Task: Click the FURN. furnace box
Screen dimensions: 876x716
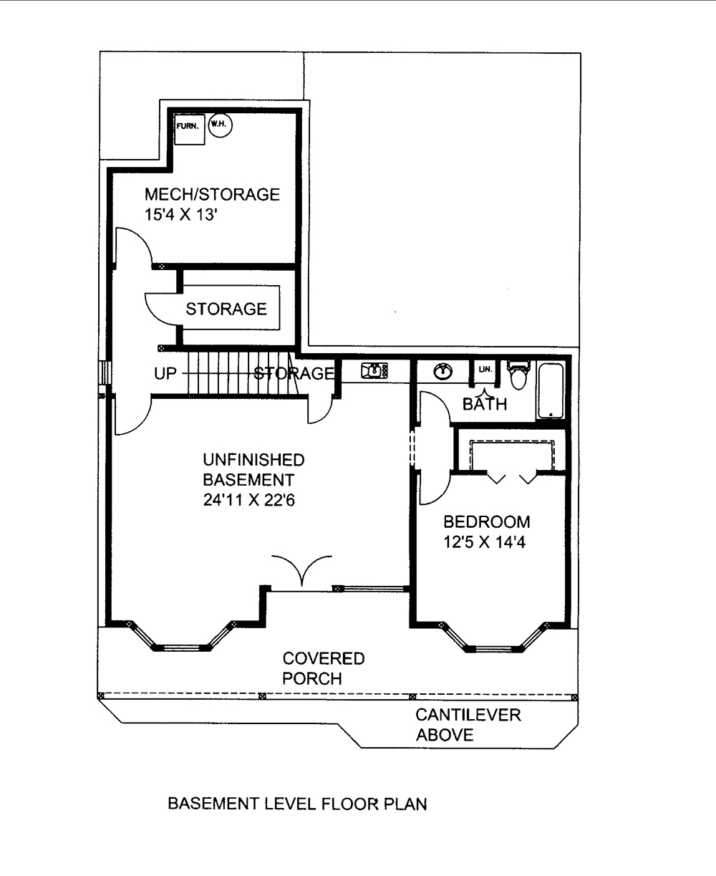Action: coord(189,129)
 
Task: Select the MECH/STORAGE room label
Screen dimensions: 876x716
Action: coord(212,194)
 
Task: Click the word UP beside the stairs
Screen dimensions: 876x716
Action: coord(165,373)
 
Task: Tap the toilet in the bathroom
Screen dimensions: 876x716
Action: coord(517,374)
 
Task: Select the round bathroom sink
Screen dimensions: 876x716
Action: coord(443,372)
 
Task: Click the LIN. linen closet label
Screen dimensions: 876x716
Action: coord(485,370)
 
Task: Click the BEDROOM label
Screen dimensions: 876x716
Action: coord(487,521)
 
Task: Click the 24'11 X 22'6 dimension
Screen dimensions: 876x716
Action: coord(249,500)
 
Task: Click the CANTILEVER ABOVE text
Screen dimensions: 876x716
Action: coord(468,724)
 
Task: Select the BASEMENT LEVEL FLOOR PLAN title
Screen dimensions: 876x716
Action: coord(297,804)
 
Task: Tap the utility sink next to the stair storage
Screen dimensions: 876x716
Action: coord(374,370)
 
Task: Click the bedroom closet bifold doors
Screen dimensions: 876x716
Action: coord(511,476)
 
